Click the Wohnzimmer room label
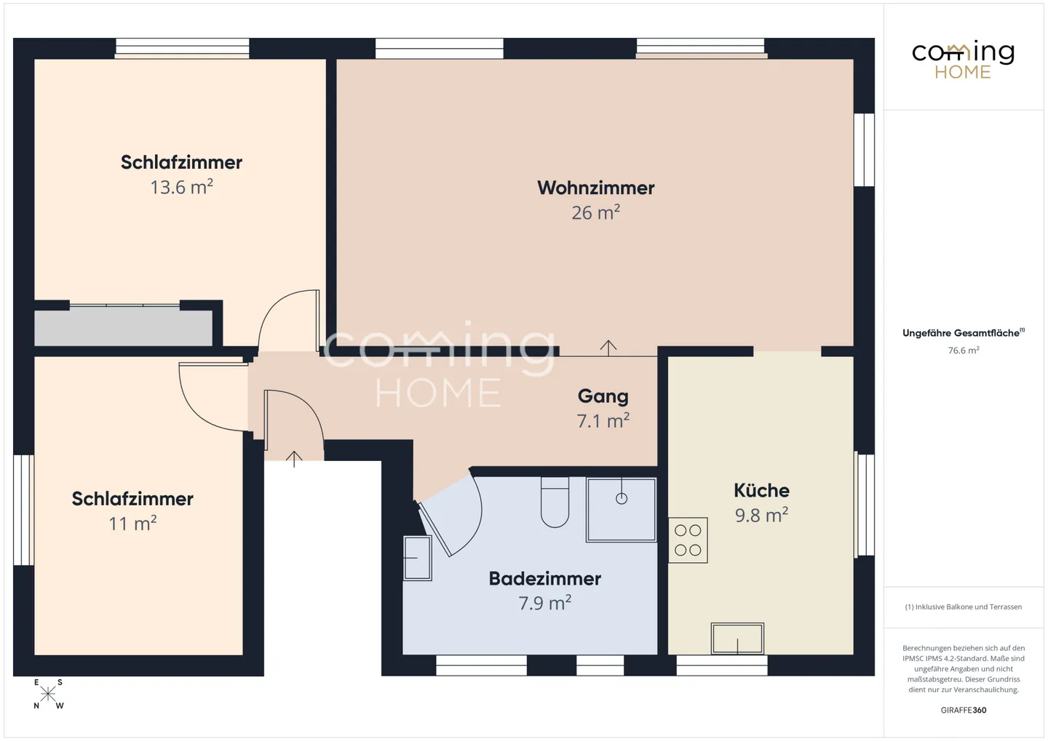click(595, 188)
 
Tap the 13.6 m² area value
click(181, 187)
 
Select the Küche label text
click(761, 490)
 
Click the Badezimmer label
click(544, 578)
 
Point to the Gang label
click(603, 396)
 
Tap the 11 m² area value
click(132, 524)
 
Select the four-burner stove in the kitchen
click(688, 540)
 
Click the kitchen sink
click(737, 639)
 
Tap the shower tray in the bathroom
click(622, 509)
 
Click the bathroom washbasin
click(417, 558)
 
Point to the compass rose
click(48, 694)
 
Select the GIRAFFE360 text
click(963, 710)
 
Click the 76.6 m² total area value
click(963, 351)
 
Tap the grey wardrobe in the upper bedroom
click(124, 327)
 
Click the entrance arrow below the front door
click(294, 459)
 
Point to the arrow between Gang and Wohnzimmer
click(608, 348)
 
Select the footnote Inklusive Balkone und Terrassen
click(963, 606)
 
